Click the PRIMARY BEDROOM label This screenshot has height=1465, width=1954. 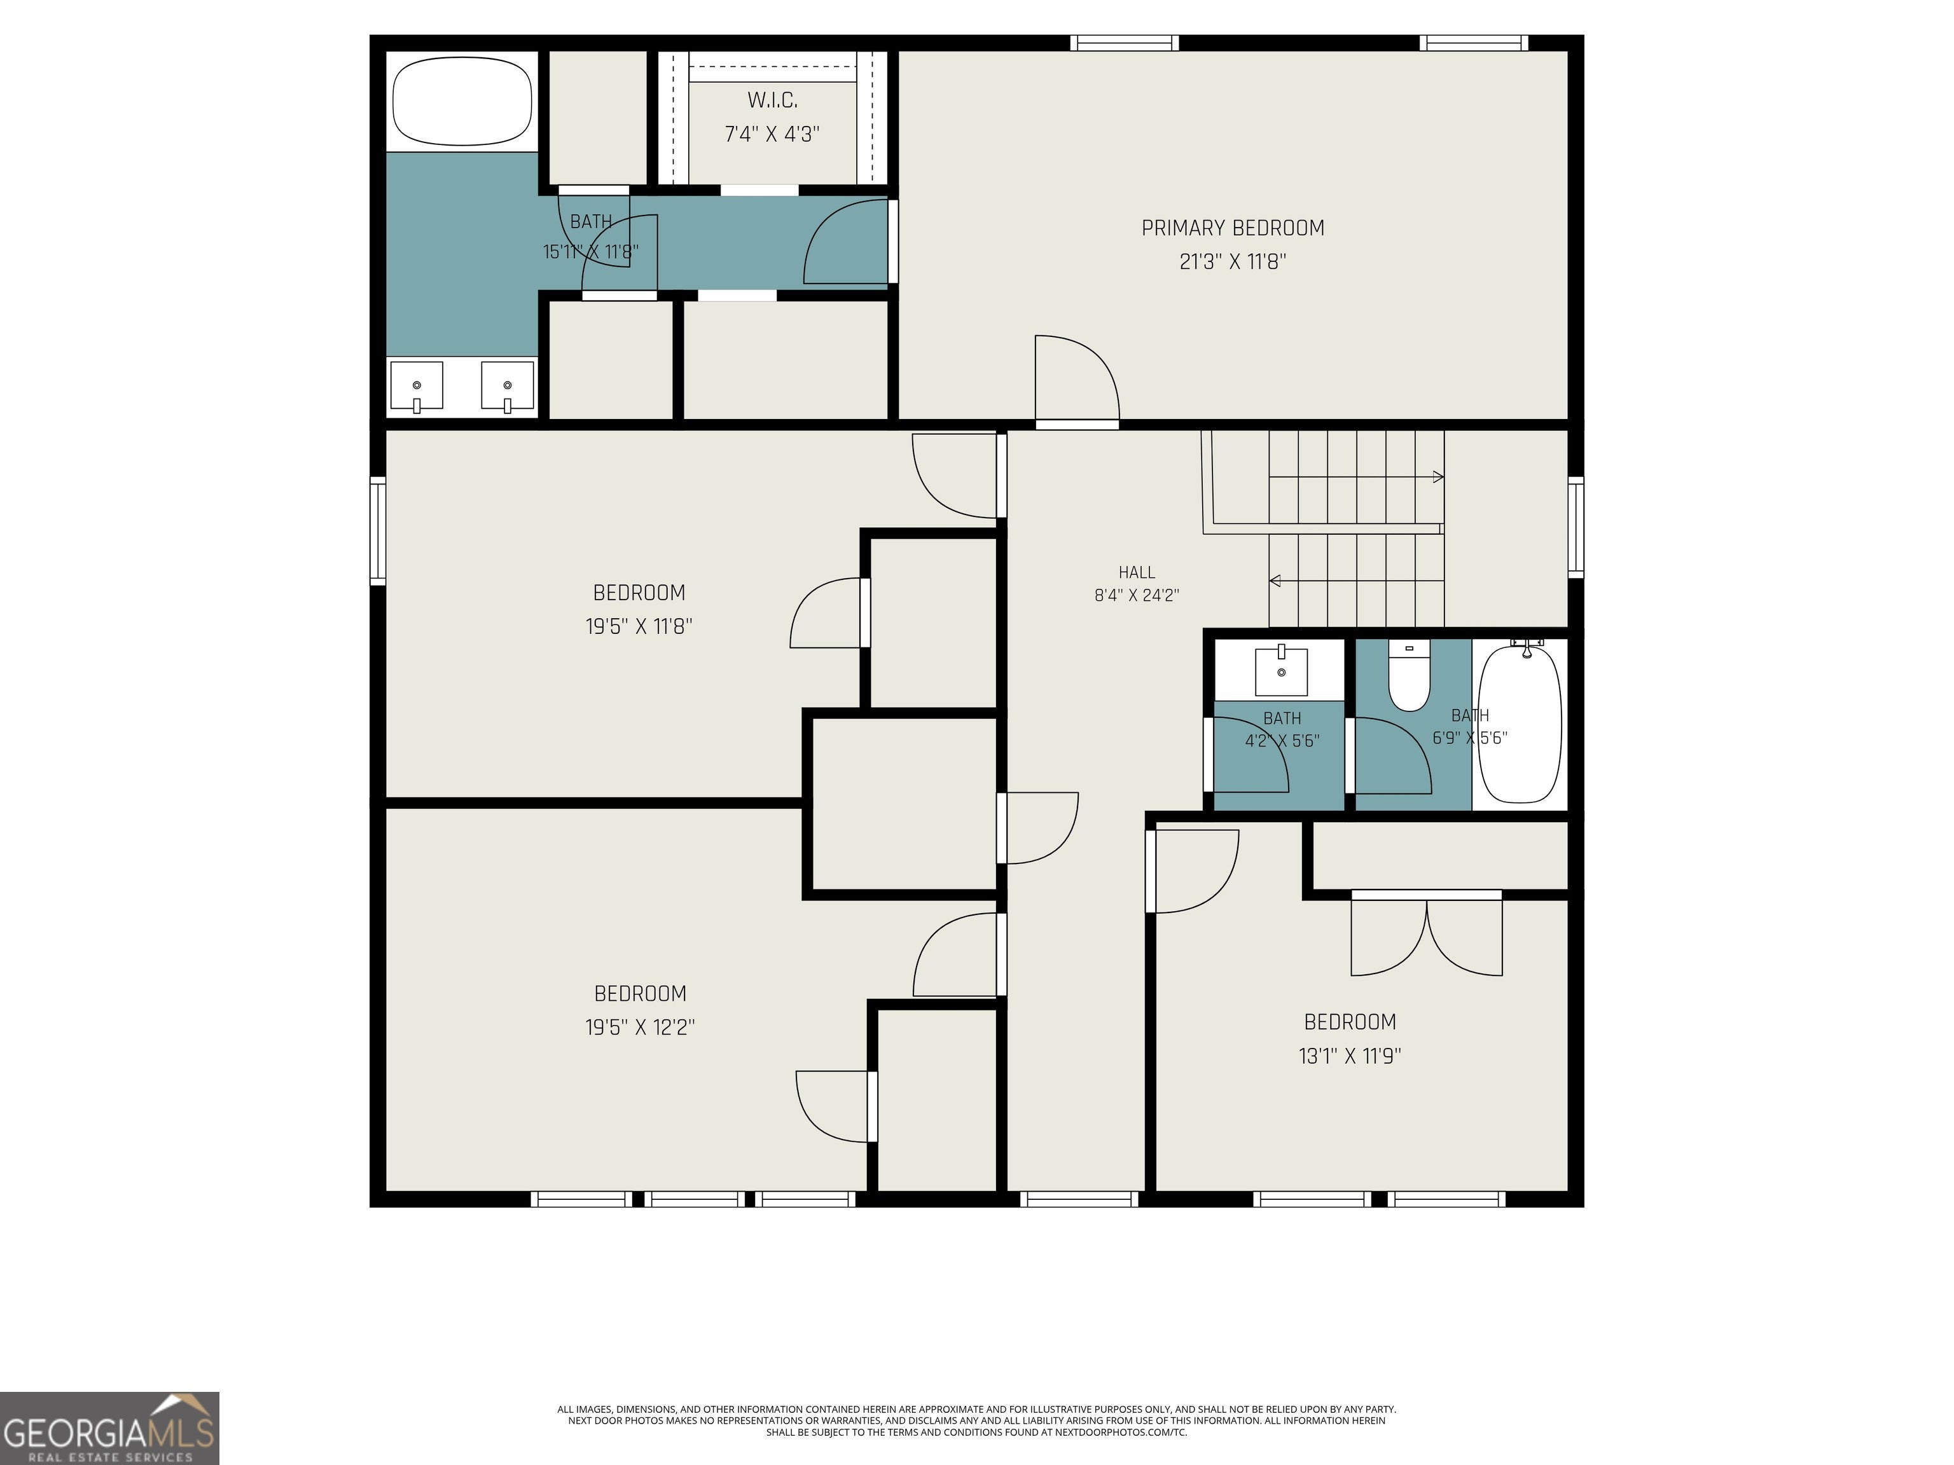[1233, 228]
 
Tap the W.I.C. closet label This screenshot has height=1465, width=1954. [772, 100]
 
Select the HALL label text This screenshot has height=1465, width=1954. [1136, 572]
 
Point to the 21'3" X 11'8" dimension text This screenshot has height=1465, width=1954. [1233, 261]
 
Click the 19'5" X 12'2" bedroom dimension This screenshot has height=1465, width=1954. [641, 1027]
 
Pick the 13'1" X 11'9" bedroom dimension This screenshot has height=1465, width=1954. [1350, 1056]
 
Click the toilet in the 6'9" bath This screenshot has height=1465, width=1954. [1409, 675]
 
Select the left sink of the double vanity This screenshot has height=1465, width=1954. [416, 387]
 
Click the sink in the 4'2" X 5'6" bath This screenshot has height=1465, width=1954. [1281, 670]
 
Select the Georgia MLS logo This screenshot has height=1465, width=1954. [109, 1428]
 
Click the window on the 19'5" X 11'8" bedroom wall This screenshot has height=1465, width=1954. [377, 531]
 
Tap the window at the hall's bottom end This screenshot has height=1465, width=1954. [1079, 1199]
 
